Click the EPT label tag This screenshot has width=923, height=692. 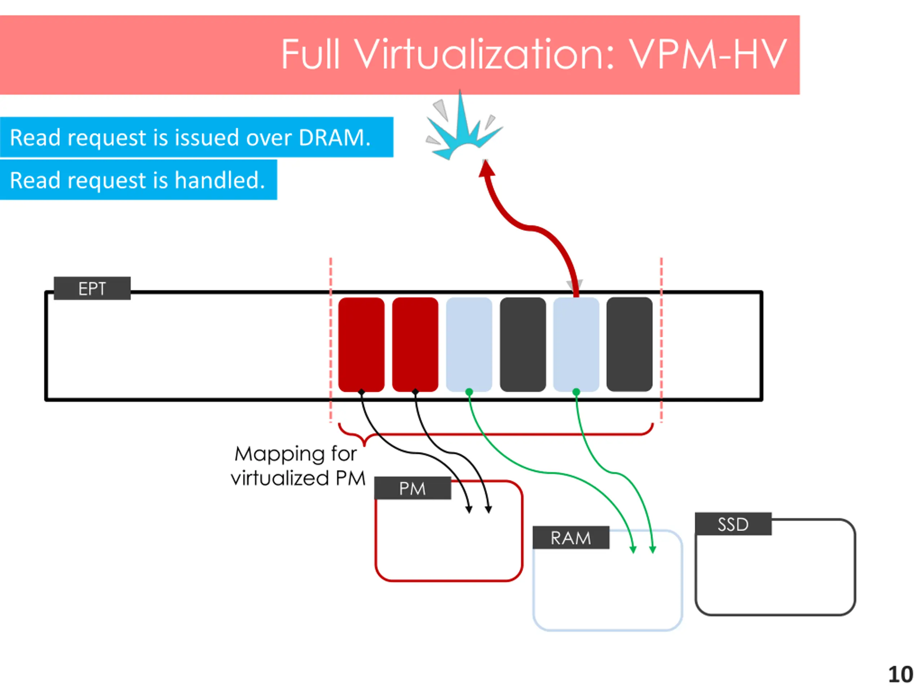(92, 288)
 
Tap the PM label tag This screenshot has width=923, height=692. (412, 488)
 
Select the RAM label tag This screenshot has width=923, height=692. (571, 538)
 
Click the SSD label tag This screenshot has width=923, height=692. (733, 524)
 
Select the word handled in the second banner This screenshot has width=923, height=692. (220, 180)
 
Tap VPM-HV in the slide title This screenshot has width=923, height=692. (708, 54)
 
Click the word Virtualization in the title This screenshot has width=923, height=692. (485, 54)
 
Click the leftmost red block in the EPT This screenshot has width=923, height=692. (361, 345)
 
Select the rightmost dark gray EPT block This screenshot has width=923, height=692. (629, 345)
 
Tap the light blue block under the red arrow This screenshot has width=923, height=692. (576, 345)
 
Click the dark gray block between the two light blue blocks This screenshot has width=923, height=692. (523, 345)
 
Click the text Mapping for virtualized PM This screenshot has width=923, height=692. (298, 466)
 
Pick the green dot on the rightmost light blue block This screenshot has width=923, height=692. (576, 392)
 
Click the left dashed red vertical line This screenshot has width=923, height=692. (331, 340)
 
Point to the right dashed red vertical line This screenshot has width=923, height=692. (661, 340)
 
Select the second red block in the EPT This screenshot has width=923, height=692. (415, 345)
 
